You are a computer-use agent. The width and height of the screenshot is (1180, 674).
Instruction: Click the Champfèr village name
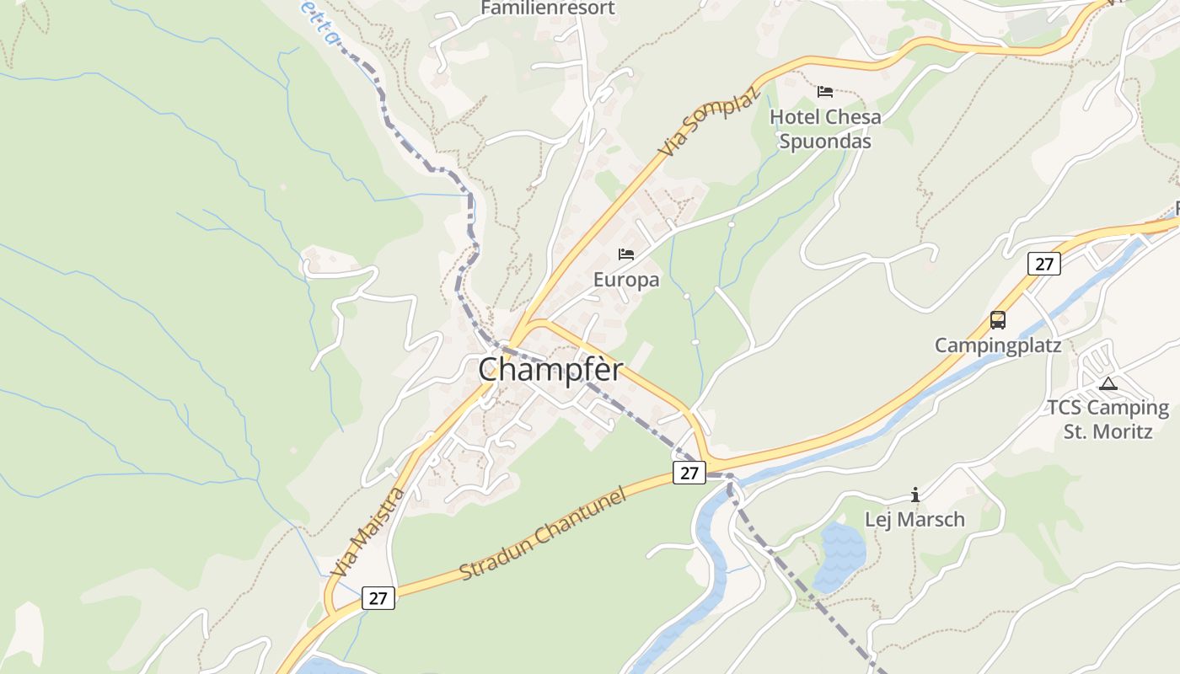tap(551, 370)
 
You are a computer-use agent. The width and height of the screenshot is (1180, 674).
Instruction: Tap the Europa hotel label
tap(625, 280)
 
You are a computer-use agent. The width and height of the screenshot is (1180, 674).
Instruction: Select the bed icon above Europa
tap(625, 254)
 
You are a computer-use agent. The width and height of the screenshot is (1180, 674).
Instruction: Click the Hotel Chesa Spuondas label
tap(825, 129)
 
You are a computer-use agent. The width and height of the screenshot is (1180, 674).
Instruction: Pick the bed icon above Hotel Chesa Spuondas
tap(825, 91)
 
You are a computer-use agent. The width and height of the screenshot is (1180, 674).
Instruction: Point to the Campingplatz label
tap(997, 345)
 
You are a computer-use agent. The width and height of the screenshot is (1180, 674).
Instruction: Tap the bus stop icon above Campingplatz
tap(997, 320)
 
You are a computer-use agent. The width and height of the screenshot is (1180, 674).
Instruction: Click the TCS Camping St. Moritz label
tap(1108, 420)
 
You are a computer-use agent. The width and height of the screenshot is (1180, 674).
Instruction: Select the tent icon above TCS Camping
tap(1108, 384)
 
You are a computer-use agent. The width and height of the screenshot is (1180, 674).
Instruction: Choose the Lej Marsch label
tap(914, 519)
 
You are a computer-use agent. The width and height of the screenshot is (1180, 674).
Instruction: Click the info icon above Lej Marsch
tap(914, 495)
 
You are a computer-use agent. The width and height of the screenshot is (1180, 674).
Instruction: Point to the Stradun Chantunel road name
tap(544, 532)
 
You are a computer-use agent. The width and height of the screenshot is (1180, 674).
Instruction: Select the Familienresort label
tap(548, 8)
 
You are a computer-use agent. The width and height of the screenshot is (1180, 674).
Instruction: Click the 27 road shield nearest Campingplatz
tap(1043, 264)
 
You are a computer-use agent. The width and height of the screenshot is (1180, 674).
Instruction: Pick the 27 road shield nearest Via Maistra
tap(378, 598)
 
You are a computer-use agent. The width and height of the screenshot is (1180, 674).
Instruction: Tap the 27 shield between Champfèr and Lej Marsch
tap(689, 473)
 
